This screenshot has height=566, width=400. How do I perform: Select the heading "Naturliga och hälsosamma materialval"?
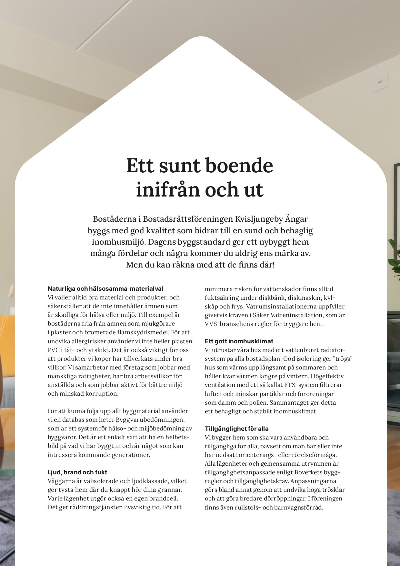(x=105, y=288)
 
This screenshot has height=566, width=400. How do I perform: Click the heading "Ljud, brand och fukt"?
(x=77, y=472)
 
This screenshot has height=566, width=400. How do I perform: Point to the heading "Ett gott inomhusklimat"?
(x=239, y=341)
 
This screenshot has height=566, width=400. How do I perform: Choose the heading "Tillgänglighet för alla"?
(x=237, y=429)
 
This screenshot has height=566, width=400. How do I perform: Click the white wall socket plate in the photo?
(x=380, y=82)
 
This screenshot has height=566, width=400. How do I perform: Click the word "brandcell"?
(x=164, y=499)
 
